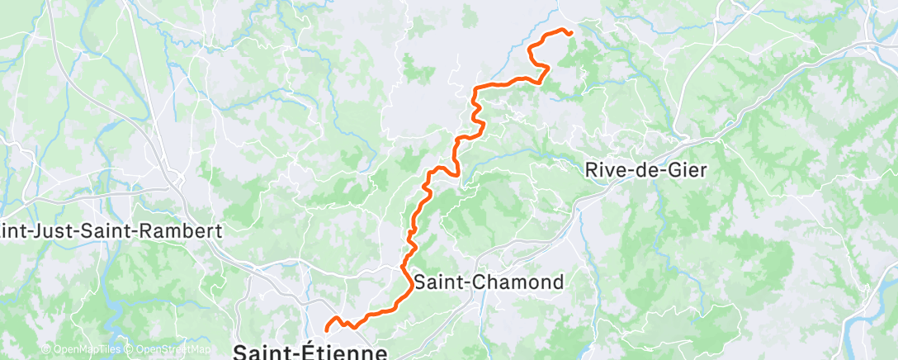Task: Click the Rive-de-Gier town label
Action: pyautogui.click(x=647, y=170)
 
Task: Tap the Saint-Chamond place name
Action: pyautogui.click(x=489, y=282)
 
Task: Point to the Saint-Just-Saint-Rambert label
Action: pyautogui.click(x=111, y=231)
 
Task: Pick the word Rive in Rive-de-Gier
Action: pyautogui.click(x=606, y=170)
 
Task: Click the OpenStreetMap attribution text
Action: pyautogui.click(x=169, y=350)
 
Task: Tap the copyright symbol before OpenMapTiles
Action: pyautogui.click(x=46, y=350)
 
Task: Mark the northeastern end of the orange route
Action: pyautogui.click(x=570, y=33)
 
